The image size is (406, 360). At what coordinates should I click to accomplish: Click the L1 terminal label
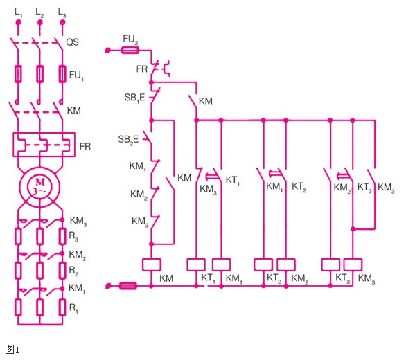[19, 12]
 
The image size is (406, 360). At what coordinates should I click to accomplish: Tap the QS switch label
[72, 42]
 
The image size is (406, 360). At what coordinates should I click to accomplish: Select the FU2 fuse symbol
[130, 50]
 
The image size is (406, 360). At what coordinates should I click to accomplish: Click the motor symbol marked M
[40, 187]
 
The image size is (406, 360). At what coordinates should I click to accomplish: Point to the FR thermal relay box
[44, 145]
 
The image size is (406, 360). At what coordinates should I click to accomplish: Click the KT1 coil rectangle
[196, 264]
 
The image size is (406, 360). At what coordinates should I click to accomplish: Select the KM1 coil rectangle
[221, 264]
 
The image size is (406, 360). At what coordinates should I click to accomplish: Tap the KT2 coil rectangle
[263, 264]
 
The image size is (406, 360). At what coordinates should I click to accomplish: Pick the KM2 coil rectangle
[286, 264]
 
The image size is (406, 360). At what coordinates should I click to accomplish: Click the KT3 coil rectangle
[330, 264]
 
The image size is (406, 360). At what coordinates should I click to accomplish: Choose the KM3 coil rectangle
[353, 264]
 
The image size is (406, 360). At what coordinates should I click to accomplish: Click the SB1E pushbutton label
[134, 98]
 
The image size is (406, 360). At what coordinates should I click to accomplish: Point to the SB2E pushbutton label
[128, 140]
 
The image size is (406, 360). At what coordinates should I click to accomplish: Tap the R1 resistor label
[73, 308]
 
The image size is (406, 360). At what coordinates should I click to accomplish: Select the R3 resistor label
[73, 236]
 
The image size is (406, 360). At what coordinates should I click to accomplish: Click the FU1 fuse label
[76, 75]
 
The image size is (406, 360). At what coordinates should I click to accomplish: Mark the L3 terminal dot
[62, 23]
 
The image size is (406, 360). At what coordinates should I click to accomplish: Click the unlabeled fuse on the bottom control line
[128, 286]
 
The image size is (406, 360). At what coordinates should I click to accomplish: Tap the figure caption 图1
[12, 350]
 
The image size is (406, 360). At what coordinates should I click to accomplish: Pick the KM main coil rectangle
[152, 264]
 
